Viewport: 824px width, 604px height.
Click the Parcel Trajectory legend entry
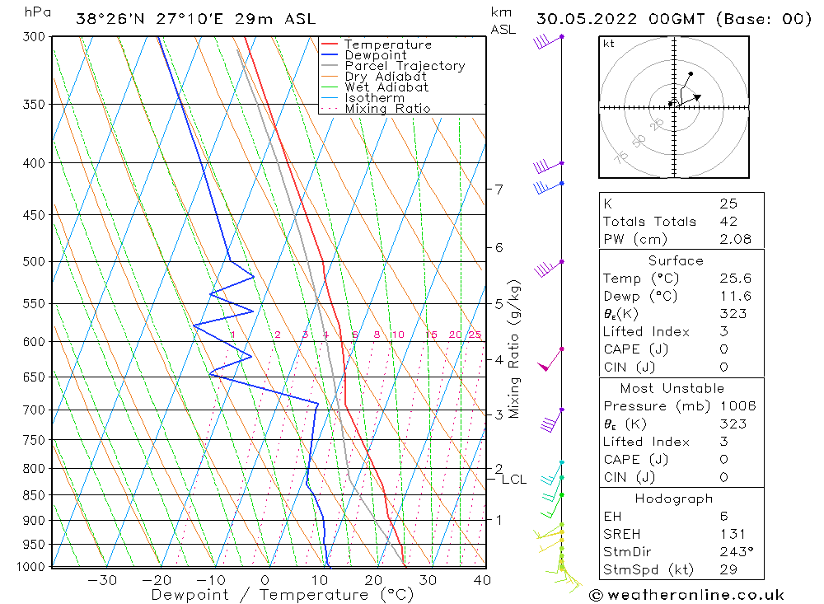(x=404, y=66)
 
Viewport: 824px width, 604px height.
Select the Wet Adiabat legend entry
(x=386, y=87)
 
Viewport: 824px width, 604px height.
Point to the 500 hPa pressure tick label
(x=35, y=262)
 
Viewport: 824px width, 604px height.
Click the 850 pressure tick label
(x=35, y=495)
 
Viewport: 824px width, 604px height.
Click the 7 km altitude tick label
(x=499, y=190)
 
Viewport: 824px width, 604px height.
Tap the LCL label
(x=514, y=480)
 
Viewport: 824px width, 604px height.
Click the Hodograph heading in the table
(x=674, y=499)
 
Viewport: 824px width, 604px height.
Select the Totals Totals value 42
(x=728, y=222)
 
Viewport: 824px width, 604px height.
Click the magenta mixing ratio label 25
(x=475, y=335)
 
